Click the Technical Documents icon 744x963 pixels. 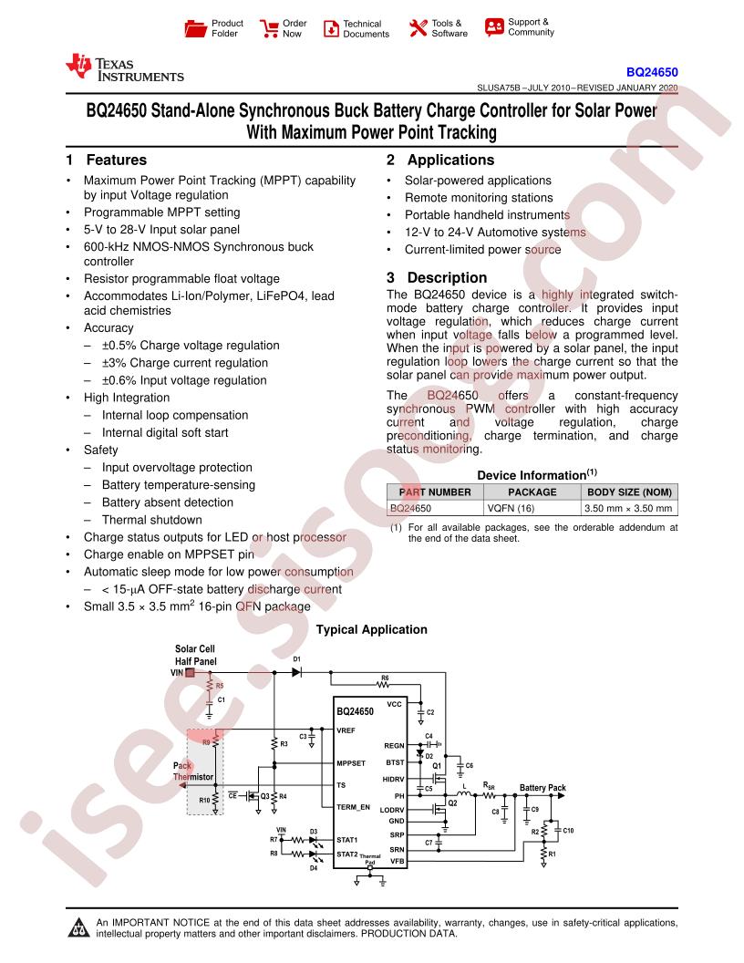(330, 28)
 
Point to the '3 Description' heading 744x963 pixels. (437, 278)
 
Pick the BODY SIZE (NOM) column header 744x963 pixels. (629, 492)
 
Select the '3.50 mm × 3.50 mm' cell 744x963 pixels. (629, 509)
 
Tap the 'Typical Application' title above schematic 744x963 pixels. (371, 629)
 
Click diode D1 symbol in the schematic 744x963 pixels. (296, 672)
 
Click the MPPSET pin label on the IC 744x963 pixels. (351, 763)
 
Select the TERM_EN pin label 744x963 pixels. (353, 808)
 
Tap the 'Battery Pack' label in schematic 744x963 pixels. (542, 787)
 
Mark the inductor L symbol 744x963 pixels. (463, 794)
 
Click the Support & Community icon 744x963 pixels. (494, 26)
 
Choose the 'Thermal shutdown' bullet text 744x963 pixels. (151, 520)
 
